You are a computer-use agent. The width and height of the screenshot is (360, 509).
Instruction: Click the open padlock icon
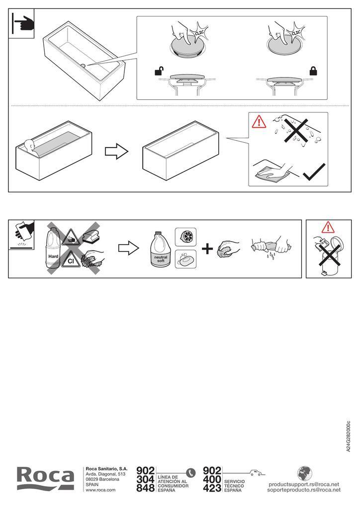[159, 71]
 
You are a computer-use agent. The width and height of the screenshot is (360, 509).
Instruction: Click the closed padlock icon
[313, 71]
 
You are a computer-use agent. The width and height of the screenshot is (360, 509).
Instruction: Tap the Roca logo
[45, 479]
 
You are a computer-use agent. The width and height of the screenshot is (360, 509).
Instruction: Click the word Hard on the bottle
[53, 256]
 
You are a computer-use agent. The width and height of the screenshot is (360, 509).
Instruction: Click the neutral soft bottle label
[161, 258]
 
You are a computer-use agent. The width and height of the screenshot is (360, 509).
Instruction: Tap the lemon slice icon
[185, 237]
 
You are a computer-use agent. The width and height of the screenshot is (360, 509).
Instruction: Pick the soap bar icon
[185, 259]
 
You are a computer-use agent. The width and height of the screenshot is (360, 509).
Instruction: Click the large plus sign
[207, 250]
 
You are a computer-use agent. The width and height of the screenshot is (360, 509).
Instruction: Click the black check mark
[314, 171]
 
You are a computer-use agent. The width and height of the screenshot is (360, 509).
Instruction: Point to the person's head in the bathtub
[29, 145]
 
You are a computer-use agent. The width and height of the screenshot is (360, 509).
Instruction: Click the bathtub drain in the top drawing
[83, 66]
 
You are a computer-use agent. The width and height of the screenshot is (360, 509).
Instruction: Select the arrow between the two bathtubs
[116, 151]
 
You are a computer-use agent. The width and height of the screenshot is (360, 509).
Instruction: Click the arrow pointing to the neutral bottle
[128, 249]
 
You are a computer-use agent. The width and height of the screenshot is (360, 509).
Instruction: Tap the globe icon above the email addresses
[304, 474]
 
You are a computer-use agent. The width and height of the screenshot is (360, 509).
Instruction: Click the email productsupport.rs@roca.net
[304, 484]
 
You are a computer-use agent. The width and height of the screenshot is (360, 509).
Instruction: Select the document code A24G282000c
[348, 436]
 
